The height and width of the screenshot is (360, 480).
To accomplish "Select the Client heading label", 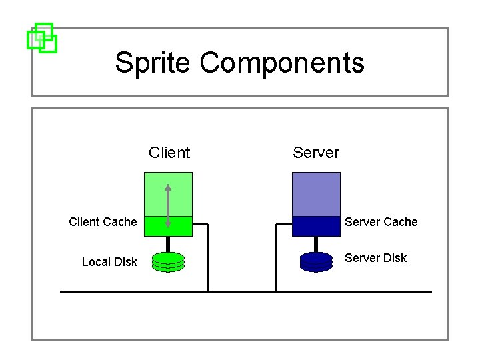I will coord(169,153).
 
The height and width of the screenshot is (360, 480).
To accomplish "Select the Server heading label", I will coord(316,153).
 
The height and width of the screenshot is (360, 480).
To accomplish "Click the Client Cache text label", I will coord(103,222).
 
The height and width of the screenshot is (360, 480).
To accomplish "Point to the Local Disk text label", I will coord(109,262).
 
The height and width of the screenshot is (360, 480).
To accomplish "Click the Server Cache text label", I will coord(381,222).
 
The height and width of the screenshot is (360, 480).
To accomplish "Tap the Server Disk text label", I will coord(375,258).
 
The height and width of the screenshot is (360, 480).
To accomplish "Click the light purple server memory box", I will coord(316,194).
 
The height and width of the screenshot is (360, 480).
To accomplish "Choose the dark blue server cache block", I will coord(316,227).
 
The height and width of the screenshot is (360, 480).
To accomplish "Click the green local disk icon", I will coord(168,262).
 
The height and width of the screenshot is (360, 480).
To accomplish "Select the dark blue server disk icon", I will coord(316,262).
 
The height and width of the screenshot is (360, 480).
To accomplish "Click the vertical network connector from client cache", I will coord(208,260).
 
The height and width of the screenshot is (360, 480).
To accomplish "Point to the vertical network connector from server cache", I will coord(276,260).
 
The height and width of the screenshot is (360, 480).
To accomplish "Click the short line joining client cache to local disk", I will coord(168,244).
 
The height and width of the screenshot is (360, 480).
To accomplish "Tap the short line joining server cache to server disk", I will coord(316,244).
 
